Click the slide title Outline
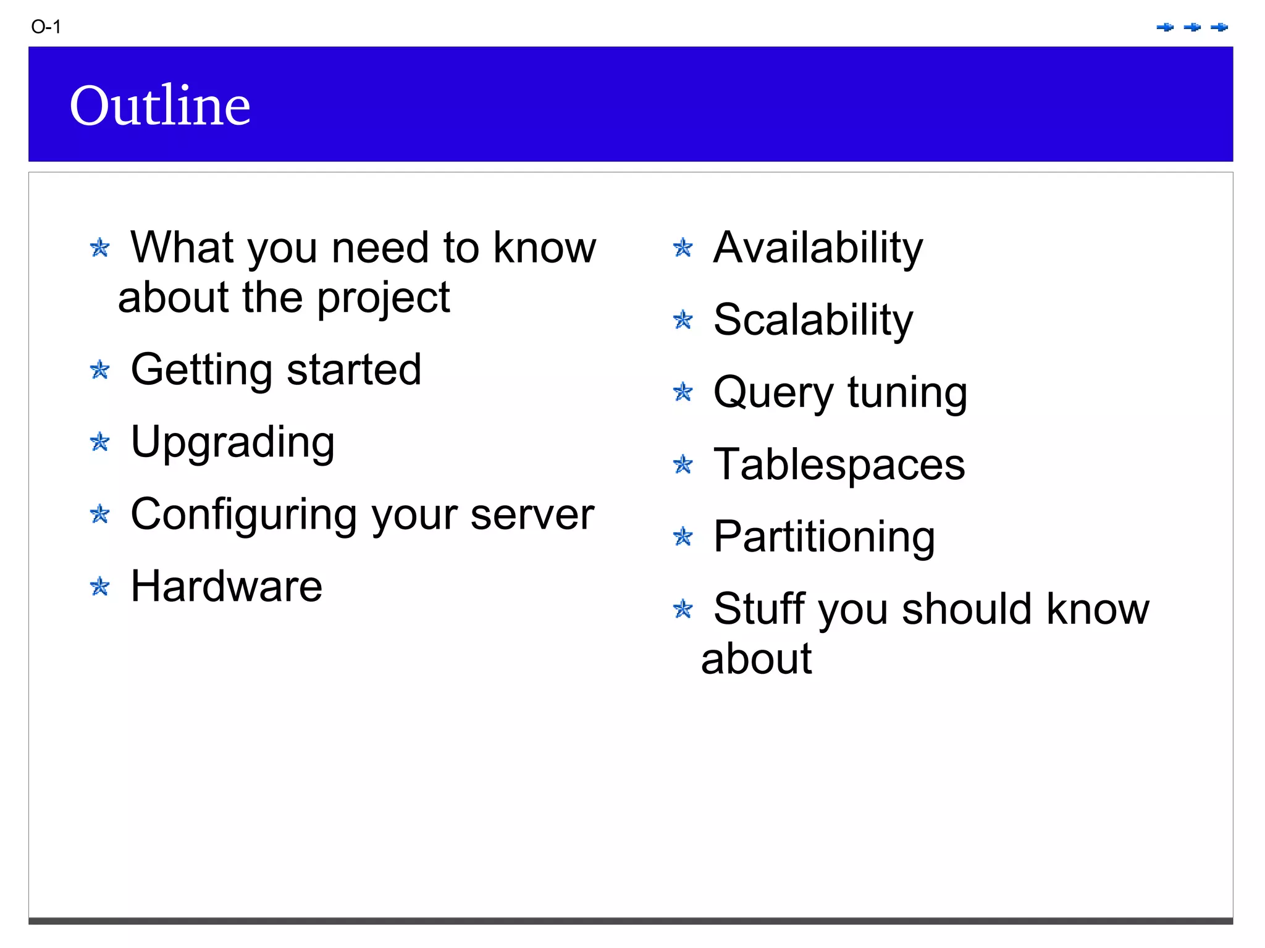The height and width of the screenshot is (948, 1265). (x=160, y=105)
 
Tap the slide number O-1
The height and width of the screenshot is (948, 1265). (x=46, y=27)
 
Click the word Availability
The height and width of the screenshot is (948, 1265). (x=818, y=248)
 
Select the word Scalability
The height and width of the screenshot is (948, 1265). (x=813, y=321)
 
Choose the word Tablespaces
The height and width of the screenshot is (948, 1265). (x=839, y=464)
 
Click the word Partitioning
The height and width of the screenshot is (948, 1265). (x=824, y=537)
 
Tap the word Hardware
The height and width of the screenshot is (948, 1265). (x=227, y=586)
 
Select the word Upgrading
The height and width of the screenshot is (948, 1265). (x=233, y=442)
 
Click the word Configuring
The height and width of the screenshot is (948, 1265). (x=244, y=514)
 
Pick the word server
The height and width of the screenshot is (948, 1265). (x=532, y=514)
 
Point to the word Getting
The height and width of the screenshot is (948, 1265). (x=201, y=370)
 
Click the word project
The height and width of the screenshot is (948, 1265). (x=384, y=298)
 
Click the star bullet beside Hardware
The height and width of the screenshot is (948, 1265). (x=99, y=586)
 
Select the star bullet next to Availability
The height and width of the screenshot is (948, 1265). (x=683, y=248)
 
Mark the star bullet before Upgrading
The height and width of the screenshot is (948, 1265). (x=99, y=442)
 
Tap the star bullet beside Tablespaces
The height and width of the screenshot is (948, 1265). (x=683, y=464)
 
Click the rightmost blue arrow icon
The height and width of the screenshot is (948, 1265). (x=1219, y=27)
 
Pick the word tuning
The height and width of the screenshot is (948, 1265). (x=907, y=393)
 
